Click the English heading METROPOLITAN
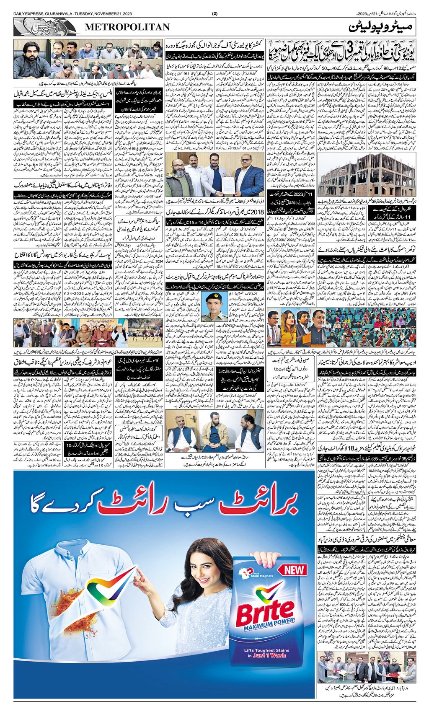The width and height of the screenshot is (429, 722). [128, 27]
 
